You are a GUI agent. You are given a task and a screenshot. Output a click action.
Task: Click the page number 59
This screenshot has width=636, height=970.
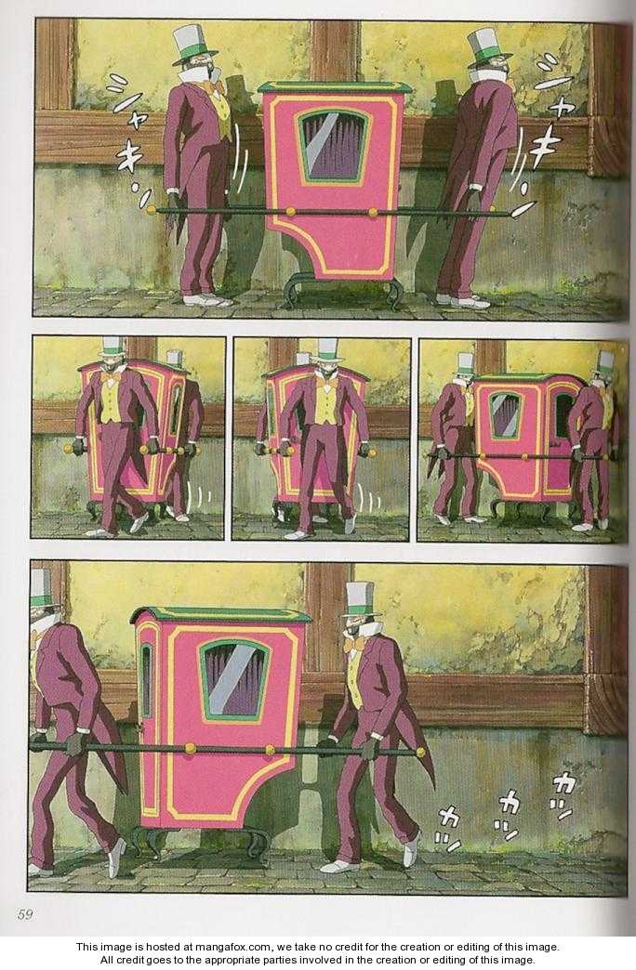[x=25, y=913]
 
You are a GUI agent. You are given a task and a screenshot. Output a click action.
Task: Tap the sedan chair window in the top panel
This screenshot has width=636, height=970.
[x=334, y=146]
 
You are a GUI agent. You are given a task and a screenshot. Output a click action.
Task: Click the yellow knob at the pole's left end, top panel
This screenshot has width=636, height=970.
[x=152, y=210]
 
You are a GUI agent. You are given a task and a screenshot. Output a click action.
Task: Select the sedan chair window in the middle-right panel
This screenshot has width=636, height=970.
[x=505, y=415]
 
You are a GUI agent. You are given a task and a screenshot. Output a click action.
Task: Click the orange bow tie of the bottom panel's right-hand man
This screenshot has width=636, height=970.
[x=355, y=645]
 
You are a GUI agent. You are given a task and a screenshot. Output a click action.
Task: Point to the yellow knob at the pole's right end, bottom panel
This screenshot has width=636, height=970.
[x=421, y=753]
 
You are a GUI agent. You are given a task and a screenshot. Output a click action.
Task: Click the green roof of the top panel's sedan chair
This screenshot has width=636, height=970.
[x=335, y=87]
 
